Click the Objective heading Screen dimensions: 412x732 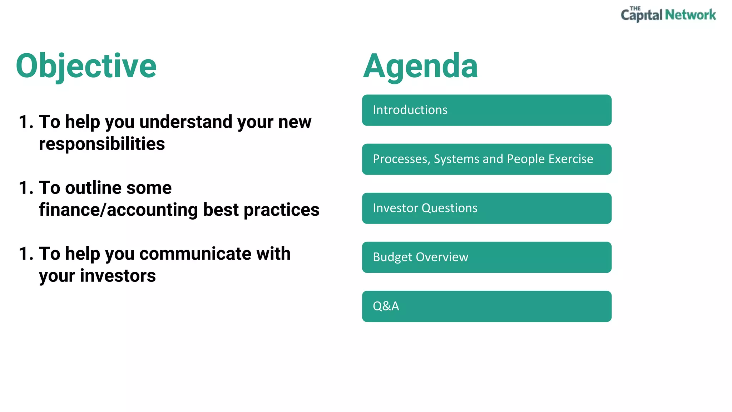click(x=86, y=66)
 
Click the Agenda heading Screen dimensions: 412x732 click(x=420, y=66)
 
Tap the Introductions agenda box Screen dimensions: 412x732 click(x=486, y=110)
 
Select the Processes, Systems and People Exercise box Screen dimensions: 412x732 click(x=486, y=159)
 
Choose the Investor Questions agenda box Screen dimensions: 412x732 click(x=486, y=208)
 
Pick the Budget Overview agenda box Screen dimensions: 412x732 click(x=486, y=257)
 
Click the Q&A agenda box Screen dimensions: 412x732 click(x=486, y=306)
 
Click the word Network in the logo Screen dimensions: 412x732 click(x=690, y=15)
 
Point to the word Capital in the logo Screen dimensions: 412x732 click(x=642, y=15)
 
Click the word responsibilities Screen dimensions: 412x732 click(x=102, y=144)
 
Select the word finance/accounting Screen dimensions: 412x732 click(x=118, y=210)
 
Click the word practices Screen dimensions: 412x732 click(x=281, y=210)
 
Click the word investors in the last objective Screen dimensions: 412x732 click(x=118, y=276)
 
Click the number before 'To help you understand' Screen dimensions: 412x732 click(x=26, y=122)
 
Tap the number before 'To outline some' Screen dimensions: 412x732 click(x=26, y=188)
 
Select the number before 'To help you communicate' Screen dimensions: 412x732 click(x=26, y=254)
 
